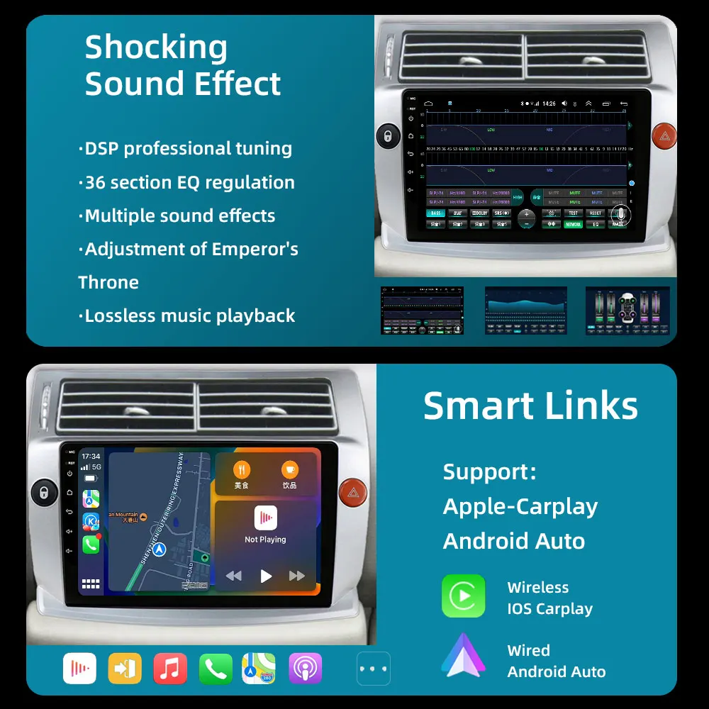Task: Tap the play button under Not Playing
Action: pyautogui.click(x=266, y=576)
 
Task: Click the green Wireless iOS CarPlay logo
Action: pyautogui.click(x=464, y=596)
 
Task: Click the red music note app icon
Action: pyautogui.click(x=170, y=668)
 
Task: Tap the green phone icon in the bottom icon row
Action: pyautogui.click(x=216, y=668)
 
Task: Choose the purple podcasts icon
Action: pyautogui.click(x=306, y=668)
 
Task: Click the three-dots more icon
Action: pyautogui.click(x=373, y=668)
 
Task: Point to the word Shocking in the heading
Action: pyautogui.click(x=156, y=48)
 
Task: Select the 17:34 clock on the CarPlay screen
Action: pyautogui.click(x=91, y=457)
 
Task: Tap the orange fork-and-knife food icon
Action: pyautogui.click(x=242, y=470)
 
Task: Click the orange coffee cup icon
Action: pyautogui.click(x=289, y=470)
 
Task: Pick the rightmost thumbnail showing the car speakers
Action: pyautogui.click(x=627, y=311)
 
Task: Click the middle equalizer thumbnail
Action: pyautogui.click(x=525, y=311)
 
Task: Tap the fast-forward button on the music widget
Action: pyautogui.click(x=297, y=576)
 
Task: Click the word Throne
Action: pyautogui.click(x=108, y=282)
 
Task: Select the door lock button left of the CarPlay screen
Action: pyautogui.click(x=44, y=491)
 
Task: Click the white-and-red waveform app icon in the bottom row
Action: pyautogui.click(x=79, y=668)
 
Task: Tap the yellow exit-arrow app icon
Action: pyautogui.click(x=125, y=668)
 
